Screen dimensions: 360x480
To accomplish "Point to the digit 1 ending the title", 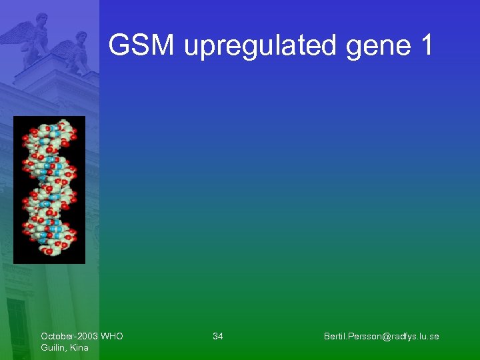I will [427, 46].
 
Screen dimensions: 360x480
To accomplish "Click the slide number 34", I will [218, 336].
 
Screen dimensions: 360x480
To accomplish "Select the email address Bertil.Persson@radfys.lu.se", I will [381, 336].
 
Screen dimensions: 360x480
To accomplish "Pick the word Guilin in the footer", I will [53, 347].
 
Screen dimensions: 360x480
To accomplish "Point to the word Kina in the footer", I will [79, 347].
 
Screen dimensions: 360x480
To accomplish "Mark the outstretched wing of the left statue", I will [17, 32].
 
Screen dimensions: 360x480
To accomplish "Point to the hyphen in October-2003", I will [75, 336].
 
